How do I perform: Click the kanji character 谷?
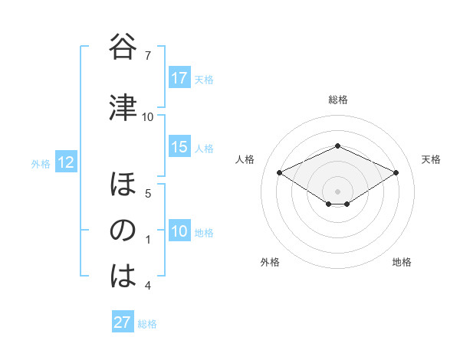pyautogui.click(x=123, y=48)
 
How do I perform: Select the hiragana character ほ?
pyautogui.click(x=123, y=186)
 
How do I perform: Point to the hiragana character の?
pyautogui.click(x=123, y=231)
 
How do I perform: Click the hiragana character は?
pyautogui.click(x=123, y=277)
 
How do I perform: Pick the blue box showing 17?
pyautogui.click(x=179, y=78)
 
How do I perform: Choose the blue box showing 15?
pyautogui.click(x=179, y=148)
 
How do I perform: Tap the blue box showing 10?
pyautogui.click(x=179, y=232)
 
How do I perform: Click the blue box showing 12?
pyautogui.click(x=66, y=162)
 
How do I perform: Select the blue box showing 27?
pyautogui.click(x=123, y=322)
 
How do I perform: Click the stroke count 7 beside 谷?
pyautogui.click(x=147, y=55)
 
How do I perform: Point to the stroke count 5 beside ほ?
pyautogui.click(x=147, y=193)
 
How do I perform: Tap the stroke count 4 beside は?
pyautogui.click(x=147, y=286)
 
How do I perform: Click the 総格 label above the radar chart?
pyautogui.click(x=337, y=100)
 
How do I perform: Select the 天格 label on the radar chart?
pyautogui.click(x=431, y=159)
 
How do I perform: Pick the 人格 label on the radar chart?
pyautogui.click(x=245, y=159)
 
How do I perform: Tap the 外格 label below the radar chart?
pyautogui.click(x=270, y=263)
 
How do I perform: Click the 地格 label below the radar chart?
pyautogui.click(x=402, y=263)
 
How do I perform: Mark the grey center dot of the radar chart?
pyautogui.click(x=337, y=190)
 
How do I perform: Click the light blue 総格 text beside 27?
pyautogui.click(x=147, y=324)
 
